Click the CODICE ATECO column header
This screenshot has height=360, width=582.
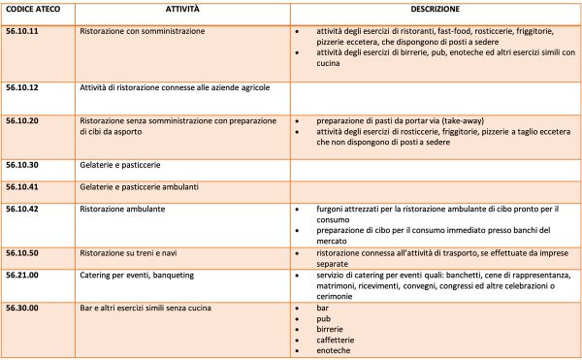pyautogui.click(x=33, y=9)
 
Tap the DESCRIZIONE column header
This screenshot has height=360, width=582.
pyautogui.click(x=434, y=9)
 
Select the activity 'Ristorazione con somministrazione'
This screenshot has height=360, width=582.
pyautogui.click(x=142, y=31)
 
